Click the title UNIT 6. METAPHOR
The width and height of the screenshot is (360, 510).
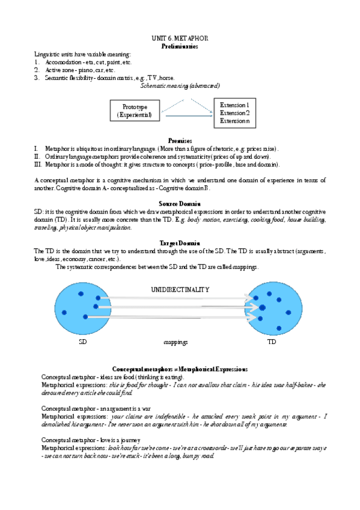pos(180,38)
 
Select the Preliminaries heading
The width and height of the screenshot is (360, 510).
pos(180,46)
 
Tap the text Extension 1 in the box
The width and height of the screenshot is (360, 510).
pos(234,105)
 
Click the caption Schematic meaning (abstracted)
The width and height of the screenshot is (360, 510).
pos(180,85)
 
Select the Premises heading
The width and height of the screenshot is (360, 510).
pos(180,140)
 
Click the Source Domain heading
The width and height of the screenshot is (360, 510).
pos(180,204)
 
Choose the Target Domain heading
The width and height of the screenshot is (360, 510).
pos(180,243)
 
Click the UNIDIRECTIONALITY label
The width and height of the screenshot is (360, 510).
pos(180,289)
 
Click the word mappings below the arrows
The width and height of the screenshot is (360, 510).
pos(175,342)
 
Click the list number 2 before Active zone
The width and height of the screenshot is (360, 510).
pos(37,70)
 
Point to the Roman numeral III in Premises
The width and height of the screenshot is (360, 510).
pos(38,164)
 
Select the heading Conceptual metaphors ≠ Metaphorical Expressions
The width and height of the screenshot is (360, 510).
pos(180,369)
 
